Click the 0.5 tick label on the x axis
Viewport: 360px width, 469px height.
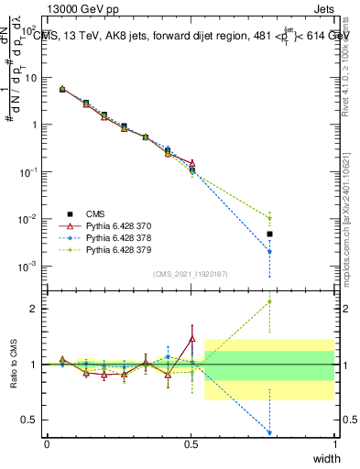(191, 443)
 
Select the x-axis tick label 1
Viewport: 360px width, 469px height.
(334, 443)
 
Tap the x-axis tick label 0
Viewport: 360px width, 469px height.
(47, 443)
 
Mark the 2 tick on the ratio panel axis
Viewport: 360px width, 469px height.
(34, 309)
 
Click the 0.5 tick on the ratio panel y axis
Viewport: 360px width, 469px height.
(30, 420)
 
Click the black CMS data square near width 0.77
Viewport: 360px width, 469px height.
(269, 234)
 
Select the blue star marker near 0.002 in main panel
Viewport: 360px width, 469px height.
(269, 252)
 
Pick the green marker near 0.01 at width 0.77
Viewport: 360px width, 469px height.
(269, 218)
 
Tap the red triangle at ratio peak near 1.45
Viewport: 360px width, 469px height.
(191, 339)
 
